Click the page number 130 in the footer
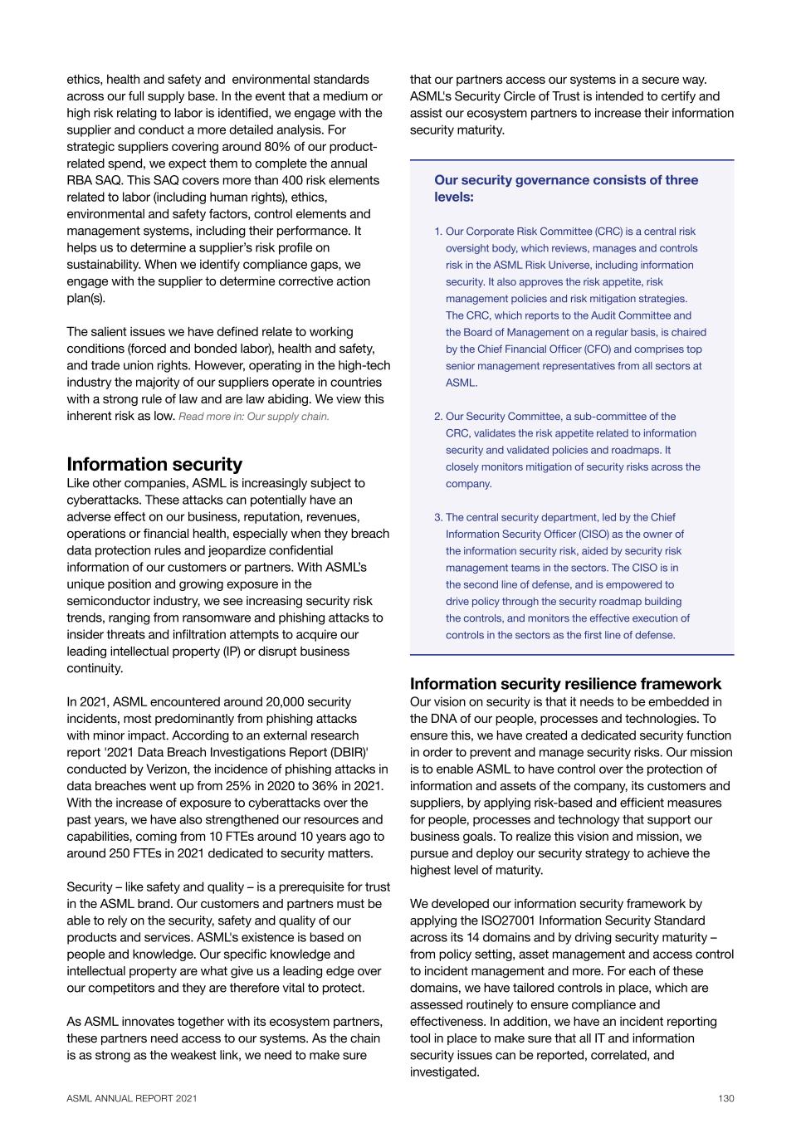point(726,1098)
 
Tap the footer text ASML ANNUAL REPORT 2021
point(132,1098)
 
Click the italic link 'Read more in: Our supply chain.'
point(254,417)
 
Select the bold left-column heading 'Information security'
point(154,464)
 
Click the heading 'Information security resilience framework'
point(565,684)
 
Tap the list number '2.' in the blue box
point(438,417)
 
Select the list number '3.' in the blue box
point(438,517)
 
